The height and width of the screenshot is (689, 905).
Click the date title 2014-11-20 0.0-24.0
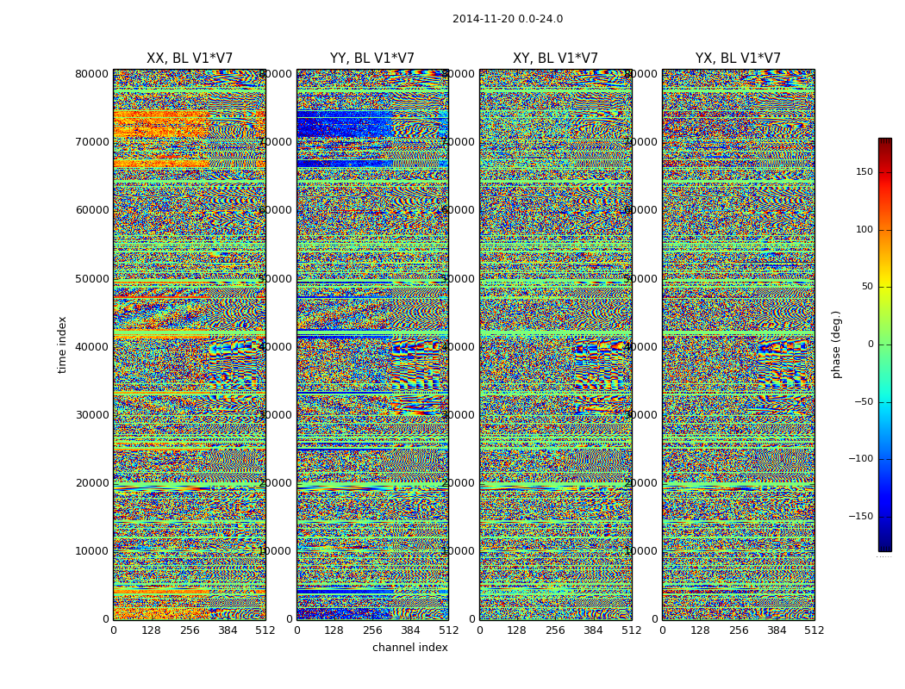pyautogui.click(x=507, y=19)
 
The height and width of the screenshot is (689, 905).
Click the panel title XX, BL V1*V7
pyautogui.click(x=190, y=59)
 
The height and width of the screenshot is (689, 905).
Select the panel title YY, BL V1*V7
pyautogui.click(x=372, y=59)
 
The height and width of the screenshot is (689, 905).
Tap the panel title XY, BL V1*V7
pyautogui.click(x=555, y=59)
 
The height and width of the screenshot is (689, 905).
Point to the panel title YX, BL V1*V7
pyautogui.click(x=738, y=59)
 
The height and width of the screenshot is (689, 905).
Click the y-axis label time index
pyautogui.click(x=62, y=344)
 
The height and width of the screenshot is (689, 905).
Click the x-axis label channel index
pyautogui.click(x=410, y=648)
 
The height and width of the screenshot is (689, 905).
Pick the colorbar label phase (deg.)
pyautogui.click(x=836, y=344)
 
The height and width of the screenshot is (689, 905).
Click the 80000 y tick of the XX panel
pyautogui.click(x=92, y=74)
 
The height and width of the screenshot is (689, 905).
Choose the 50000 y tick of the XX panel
pyautogui.click(x=92, y=278)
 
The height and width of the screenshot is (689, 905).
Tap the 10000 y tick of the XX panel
pyautogui.click(x=92, y=551)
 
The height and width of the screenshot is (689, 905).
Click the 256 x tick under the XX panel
pyautogui.click(x=190, y=630)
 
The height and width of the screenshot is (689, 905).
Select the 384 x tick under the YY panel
pyautogui.click(x=410, y=630)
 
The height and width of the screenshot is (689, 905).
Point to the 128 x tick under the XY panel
pyautogui.click(x=517, y=630)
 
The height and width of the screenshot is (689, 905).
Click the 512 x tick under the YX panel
pyautogui.click(x=814, y=630)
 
